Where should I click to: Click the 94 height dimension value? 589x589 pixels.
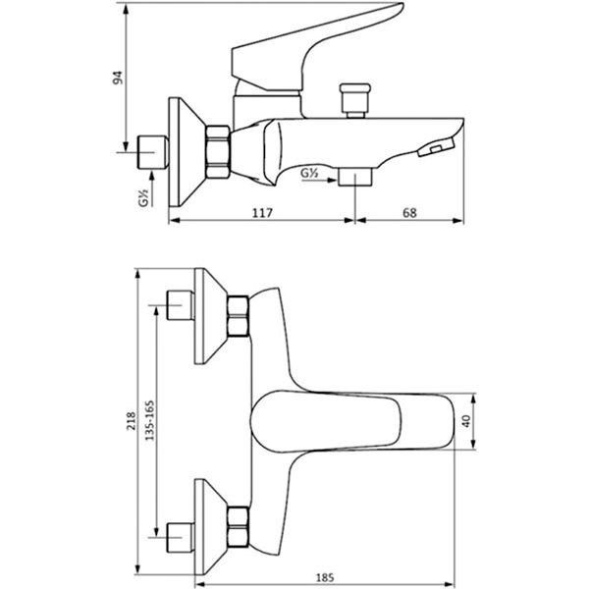coord(118,78)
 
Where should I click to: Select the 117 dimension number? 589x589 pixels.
coord(262,213)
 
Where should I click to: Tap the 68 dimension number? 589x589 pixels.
coord(409,213)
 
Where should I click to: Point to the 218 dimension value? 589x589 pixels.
coord(132,421)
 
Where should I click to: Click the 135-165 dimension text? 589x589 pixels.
coord(150,420)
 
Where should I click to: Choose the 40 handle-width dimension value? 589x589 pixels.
coord(466,421)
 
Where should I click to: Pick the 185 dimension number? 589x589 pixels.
coord(325,577)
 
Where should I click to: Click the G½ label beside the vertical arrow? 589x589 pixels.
coord(144,198)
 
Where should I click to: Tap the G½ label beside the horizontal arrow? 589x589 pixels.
coord(310,173)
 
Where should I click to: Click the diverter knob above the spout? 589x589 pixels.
coord(355,100)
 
